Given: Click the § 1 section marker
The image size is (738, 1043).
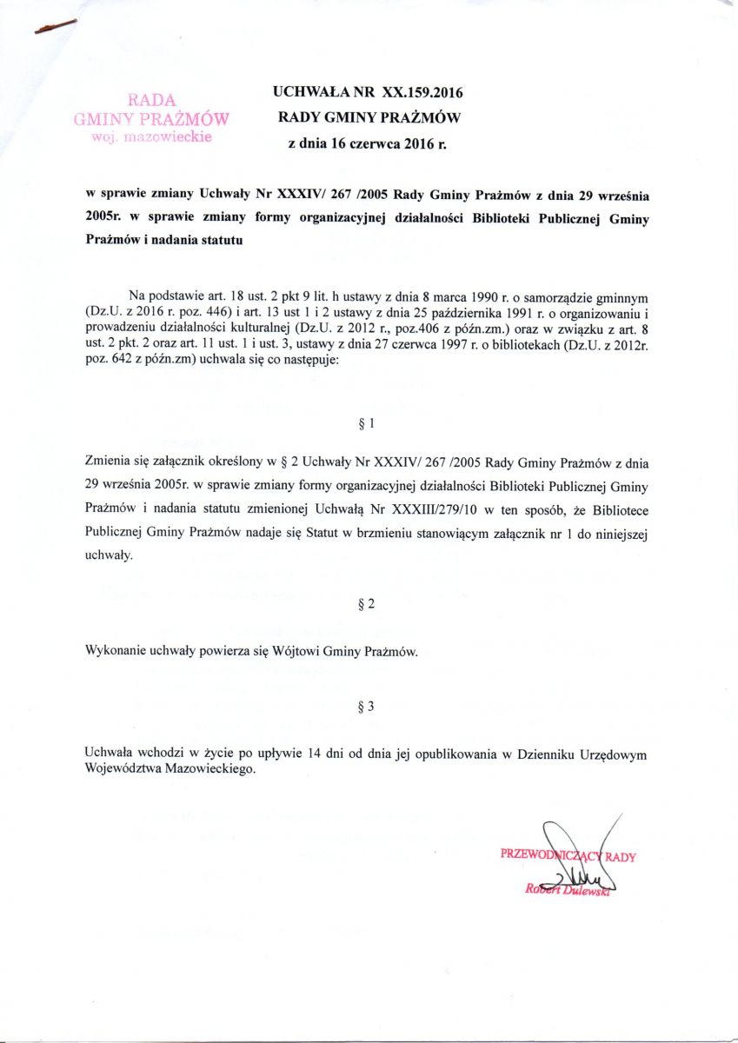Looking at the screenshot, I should (366, 424).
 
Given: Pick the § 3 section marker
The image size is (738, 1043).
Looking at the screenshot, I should (366, 706).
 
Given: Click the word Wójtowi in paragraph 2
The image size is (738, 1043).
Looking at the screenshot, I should (296, 651).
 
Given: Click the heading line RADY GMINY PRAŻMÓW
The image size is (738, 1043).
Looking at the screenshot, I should (369, 117).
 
